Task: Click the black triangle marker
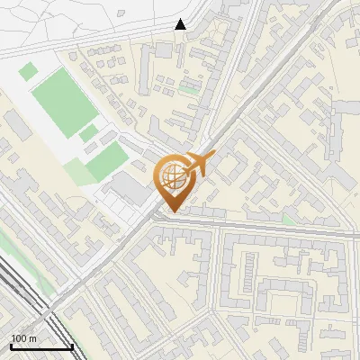180,25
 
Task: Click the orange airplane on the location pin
199,164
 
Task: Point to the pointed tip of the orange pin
173,211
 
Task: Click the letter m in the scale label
33,338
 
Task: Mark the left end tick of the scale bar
11,346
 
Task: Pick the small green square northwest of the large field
29,70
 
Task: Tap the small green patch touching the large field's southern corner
88,134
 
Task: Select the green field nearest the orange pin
107,162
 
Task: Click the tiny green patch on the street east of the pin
288,219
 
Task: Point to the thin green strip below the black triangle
188,90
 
